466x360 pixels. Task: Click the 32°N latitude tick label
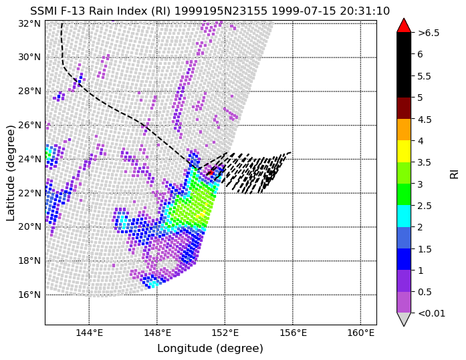point(29,23)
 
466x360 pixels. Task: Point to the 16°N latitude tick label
point(29,295)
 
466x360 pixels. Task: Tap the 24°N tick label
point(29,159)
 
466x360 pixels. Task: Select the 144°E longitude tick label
point(89,333)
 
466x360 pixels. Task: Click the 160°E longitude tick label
point(360,333)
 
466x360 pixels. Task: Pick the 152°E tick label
point(225,333)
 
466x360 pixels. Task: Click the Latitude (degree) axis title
point(10,173)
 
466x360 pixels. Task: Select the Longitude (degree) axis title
point(210,349)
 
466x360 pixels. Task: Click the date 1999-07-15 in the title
point(304,11)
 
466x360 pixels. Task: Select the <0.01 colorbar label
point(431,313)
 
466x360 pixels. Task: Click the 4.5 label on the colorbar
point(425,120)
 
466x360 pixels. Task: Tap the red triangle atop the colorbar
point(404,25)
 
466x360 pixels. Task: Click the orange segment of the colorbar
point(404,130)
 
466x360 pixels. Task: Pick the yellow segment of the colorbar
point(404,152)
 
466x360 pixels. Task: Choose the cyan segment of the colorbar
point(404,216)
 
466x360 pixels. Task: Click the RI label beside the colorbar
point(455,173)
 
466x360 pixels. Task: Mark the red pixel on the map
point(210,172)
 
